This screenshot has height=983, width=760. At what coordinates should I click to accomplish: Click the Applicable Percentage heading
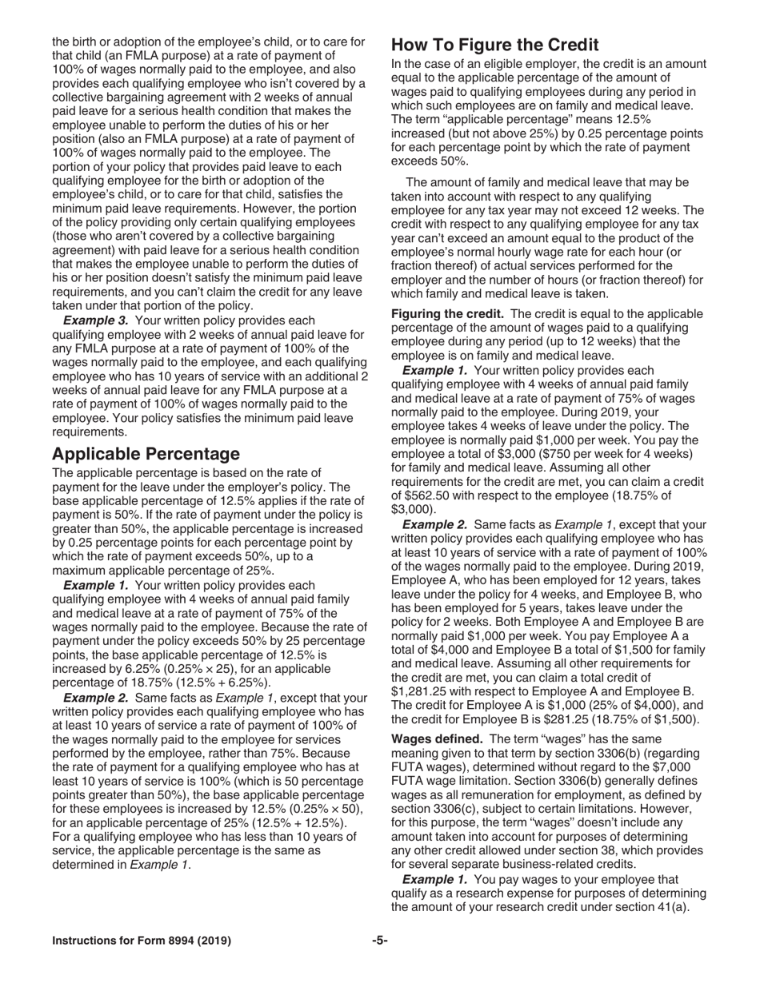click(146, 454)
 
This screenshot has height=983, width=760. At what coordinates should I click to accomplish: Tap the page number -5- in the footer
click(379, 941)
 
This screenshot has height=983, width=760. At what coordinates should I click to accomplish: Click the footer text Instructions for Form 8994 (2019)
click(142, 941)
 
